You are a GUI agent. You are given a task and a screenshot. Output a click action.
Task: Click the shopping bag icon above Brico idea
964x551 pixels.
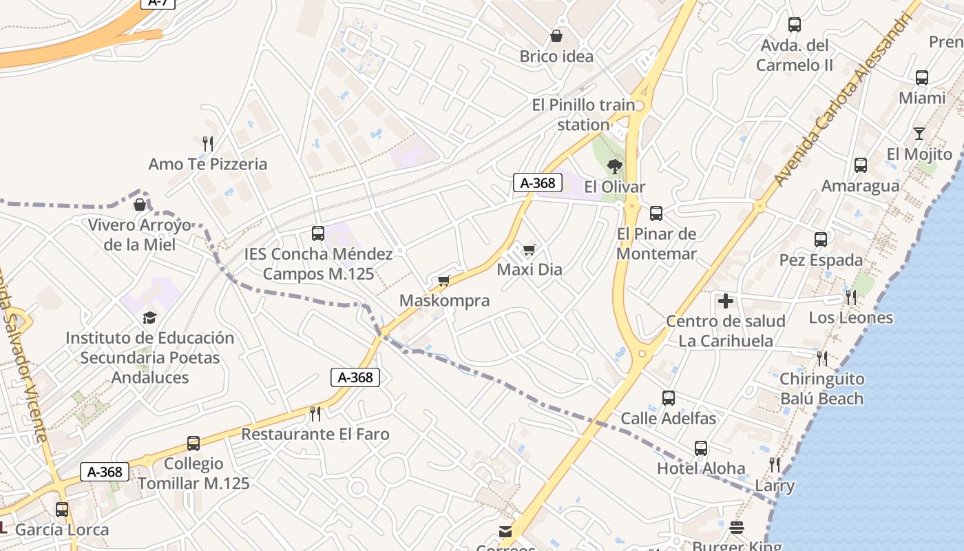pyautogui.click(x=556, y=36)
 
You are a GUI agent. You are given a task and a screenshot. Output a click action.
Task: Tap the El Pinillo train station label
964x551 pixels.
pyautogui.click(x=584, y=114)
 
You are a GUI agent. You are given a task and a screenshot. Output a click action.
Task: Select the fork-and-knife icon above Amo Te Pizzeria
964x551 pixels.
pyautogui.click(x=208, y=143)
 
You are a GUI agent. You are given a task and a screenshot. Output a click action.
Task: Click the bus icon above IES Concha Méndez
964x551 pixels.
pyautogui.click(x=317, y=233)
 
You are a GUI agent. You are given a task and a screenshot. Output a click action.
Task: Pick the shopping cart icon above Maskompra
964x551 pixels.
pyautogui.click(x=444, y=280)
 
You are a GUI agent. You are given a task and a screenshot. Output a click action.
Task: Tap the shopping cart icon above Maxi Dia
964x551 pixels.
pyautogui.click(x=529, y=249)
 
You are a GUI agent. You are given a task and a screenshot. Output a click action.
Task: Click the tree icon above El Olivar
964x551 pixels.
pyautogui.click(x=614, y=166)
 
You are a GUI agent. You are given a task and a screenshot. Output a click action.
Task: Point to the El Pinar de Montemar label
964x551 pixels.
pyautogui.click(x=656, y=244)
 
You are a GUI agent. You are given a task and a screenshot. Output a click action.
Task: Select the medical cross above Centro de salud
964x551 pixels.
pyautogui.click(x=725, y=301)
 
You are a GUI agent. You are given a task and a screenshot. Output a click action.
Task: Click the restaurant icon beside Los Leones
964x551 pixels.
pyautogui.click(x=851, y=298)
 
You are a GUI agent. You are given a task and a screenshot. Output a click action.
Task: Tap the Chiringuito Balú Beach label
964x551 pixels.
pyautogui.click(x=821, y=388)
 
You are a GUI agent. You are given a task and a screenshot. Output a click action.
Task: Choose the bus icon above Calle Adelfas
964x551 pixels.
pyautogui.click(x=668, y=398)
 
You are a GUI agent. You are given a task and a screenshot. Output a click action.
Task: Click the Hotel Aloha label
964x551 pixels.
pyautogui.click(x=701, y=468)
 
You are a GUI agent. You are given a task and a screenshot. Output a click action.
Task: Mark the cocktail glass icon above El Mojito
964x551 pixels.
pyautogui.click(x=919, y=134)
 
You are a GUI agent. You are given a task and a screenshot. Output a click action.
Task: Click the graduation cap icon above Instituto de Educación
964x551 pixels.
pyautogui.click(x=149, y=318)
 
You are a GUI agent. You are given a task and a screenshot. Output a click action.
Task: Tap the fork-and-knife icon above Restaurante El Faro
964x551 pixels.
pyautogui.click(x=315, y=413)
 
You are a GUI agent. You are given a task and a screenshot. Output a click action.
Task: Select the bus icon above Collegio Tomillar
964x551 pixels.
pyautogui.click(x=193, y=444)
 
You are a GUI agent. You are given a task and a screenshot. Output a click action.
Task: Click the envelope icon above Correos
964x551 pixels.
pyautogui.click(x=505, y=531)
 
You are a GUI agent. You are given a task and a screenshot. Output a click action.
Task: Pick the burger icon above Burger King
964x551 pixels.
pyautogui.click(x=737, y=528)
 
